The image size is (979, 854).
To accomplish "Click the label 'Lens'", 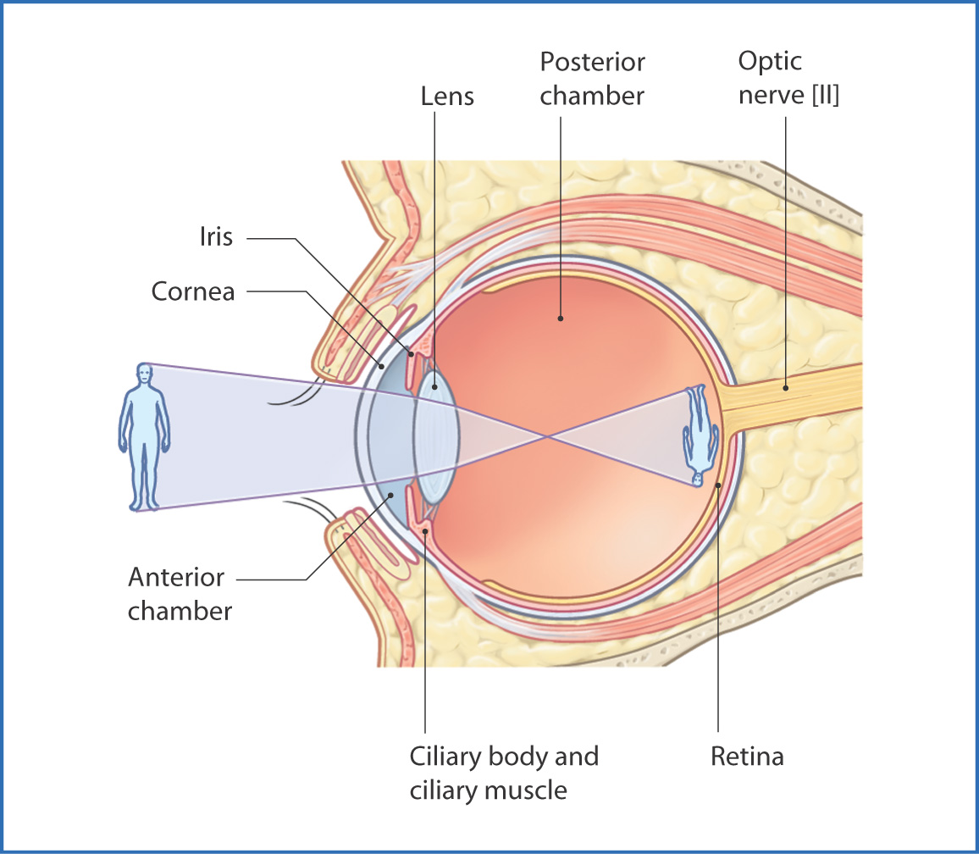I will [x=447, y=96].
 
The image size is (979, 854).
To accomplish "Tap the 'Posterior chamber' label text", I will [x=592, y=79].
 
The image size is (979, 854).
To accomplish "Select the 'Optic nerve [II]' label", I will [x=788, y=79].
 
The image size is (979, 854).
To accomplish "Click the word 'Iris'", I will [x=216, y=236].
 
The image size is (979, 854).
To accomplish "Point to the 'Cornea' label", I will [x=192, y=291].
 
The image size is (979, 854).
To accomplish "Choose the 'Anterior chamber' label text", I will [x=180, y=594].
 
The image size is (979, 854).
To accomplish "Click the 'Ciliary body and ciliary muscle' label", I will [x=504, y=773].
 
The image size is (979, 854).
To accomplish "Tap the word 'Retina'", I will [x=747, y=756].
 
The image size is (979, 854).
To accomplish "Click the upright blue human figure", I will [x=144, y=436].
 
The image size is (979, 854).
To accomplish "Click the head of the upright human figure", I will [x=145, y=374].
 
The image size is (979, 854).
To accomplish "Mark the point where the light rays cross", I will [x=550, y=437].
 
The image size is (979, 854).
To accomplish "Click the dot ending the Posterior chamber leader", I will [x=560, y=319].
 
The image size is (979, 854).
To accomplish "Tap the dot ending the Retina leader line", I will [x=718, y=485].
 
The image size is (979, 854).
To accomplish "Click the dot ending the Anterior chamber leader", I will [x=391, y=495].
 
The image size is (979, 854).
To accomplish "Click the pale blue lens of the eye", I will [x=436, y=437].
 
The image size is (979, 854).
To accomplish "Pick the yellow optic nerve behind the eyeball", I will [x=796, y=398].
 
